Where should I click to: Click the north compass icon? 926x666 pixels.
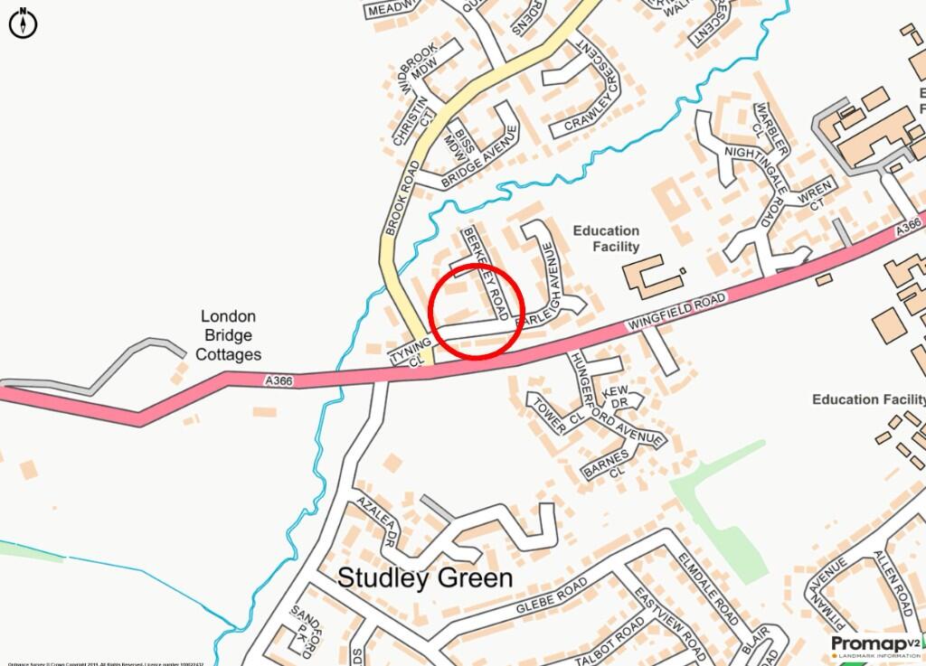pos(23,23)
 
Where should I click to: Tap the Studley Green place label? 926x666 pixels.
pos(425,578)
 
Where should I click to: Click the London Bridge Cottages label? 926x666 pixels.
pos(230,335)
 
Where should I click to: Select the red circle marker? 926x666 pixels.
pos(477,311)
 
